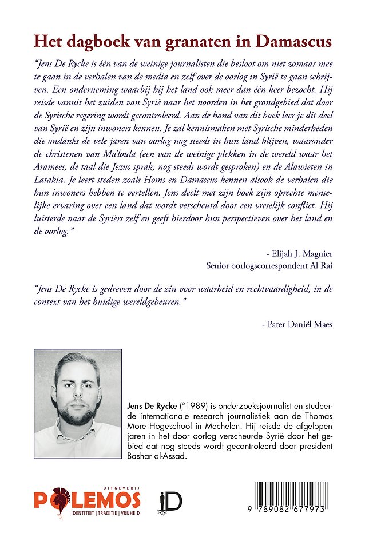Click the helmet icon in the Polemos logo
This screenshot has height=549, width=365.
[58, 499]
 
